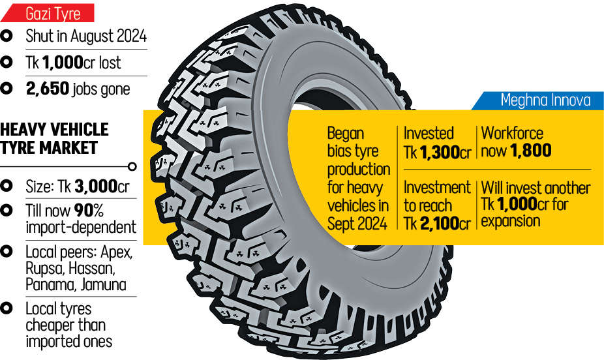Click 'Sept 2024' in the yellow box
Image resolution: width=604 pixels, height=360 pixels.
(358, 222)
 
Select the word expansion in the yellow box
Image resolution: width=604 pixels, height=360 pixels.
(511, 220)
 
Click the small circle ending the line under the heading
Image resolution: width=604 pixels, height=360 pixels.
(132, 166)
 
